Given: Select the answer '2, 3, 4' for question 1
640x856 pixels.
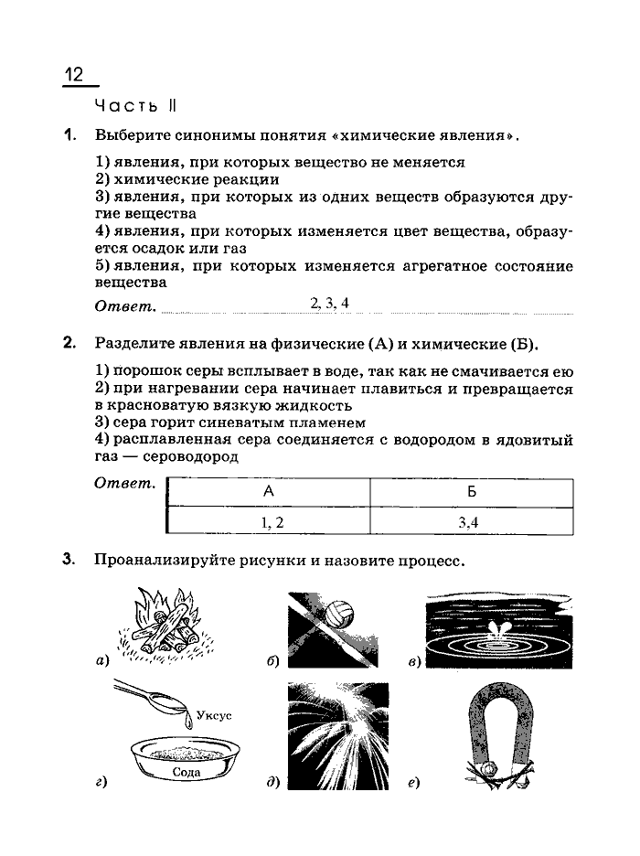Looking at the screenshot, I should pyautogui.click(x=330, y=304).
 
